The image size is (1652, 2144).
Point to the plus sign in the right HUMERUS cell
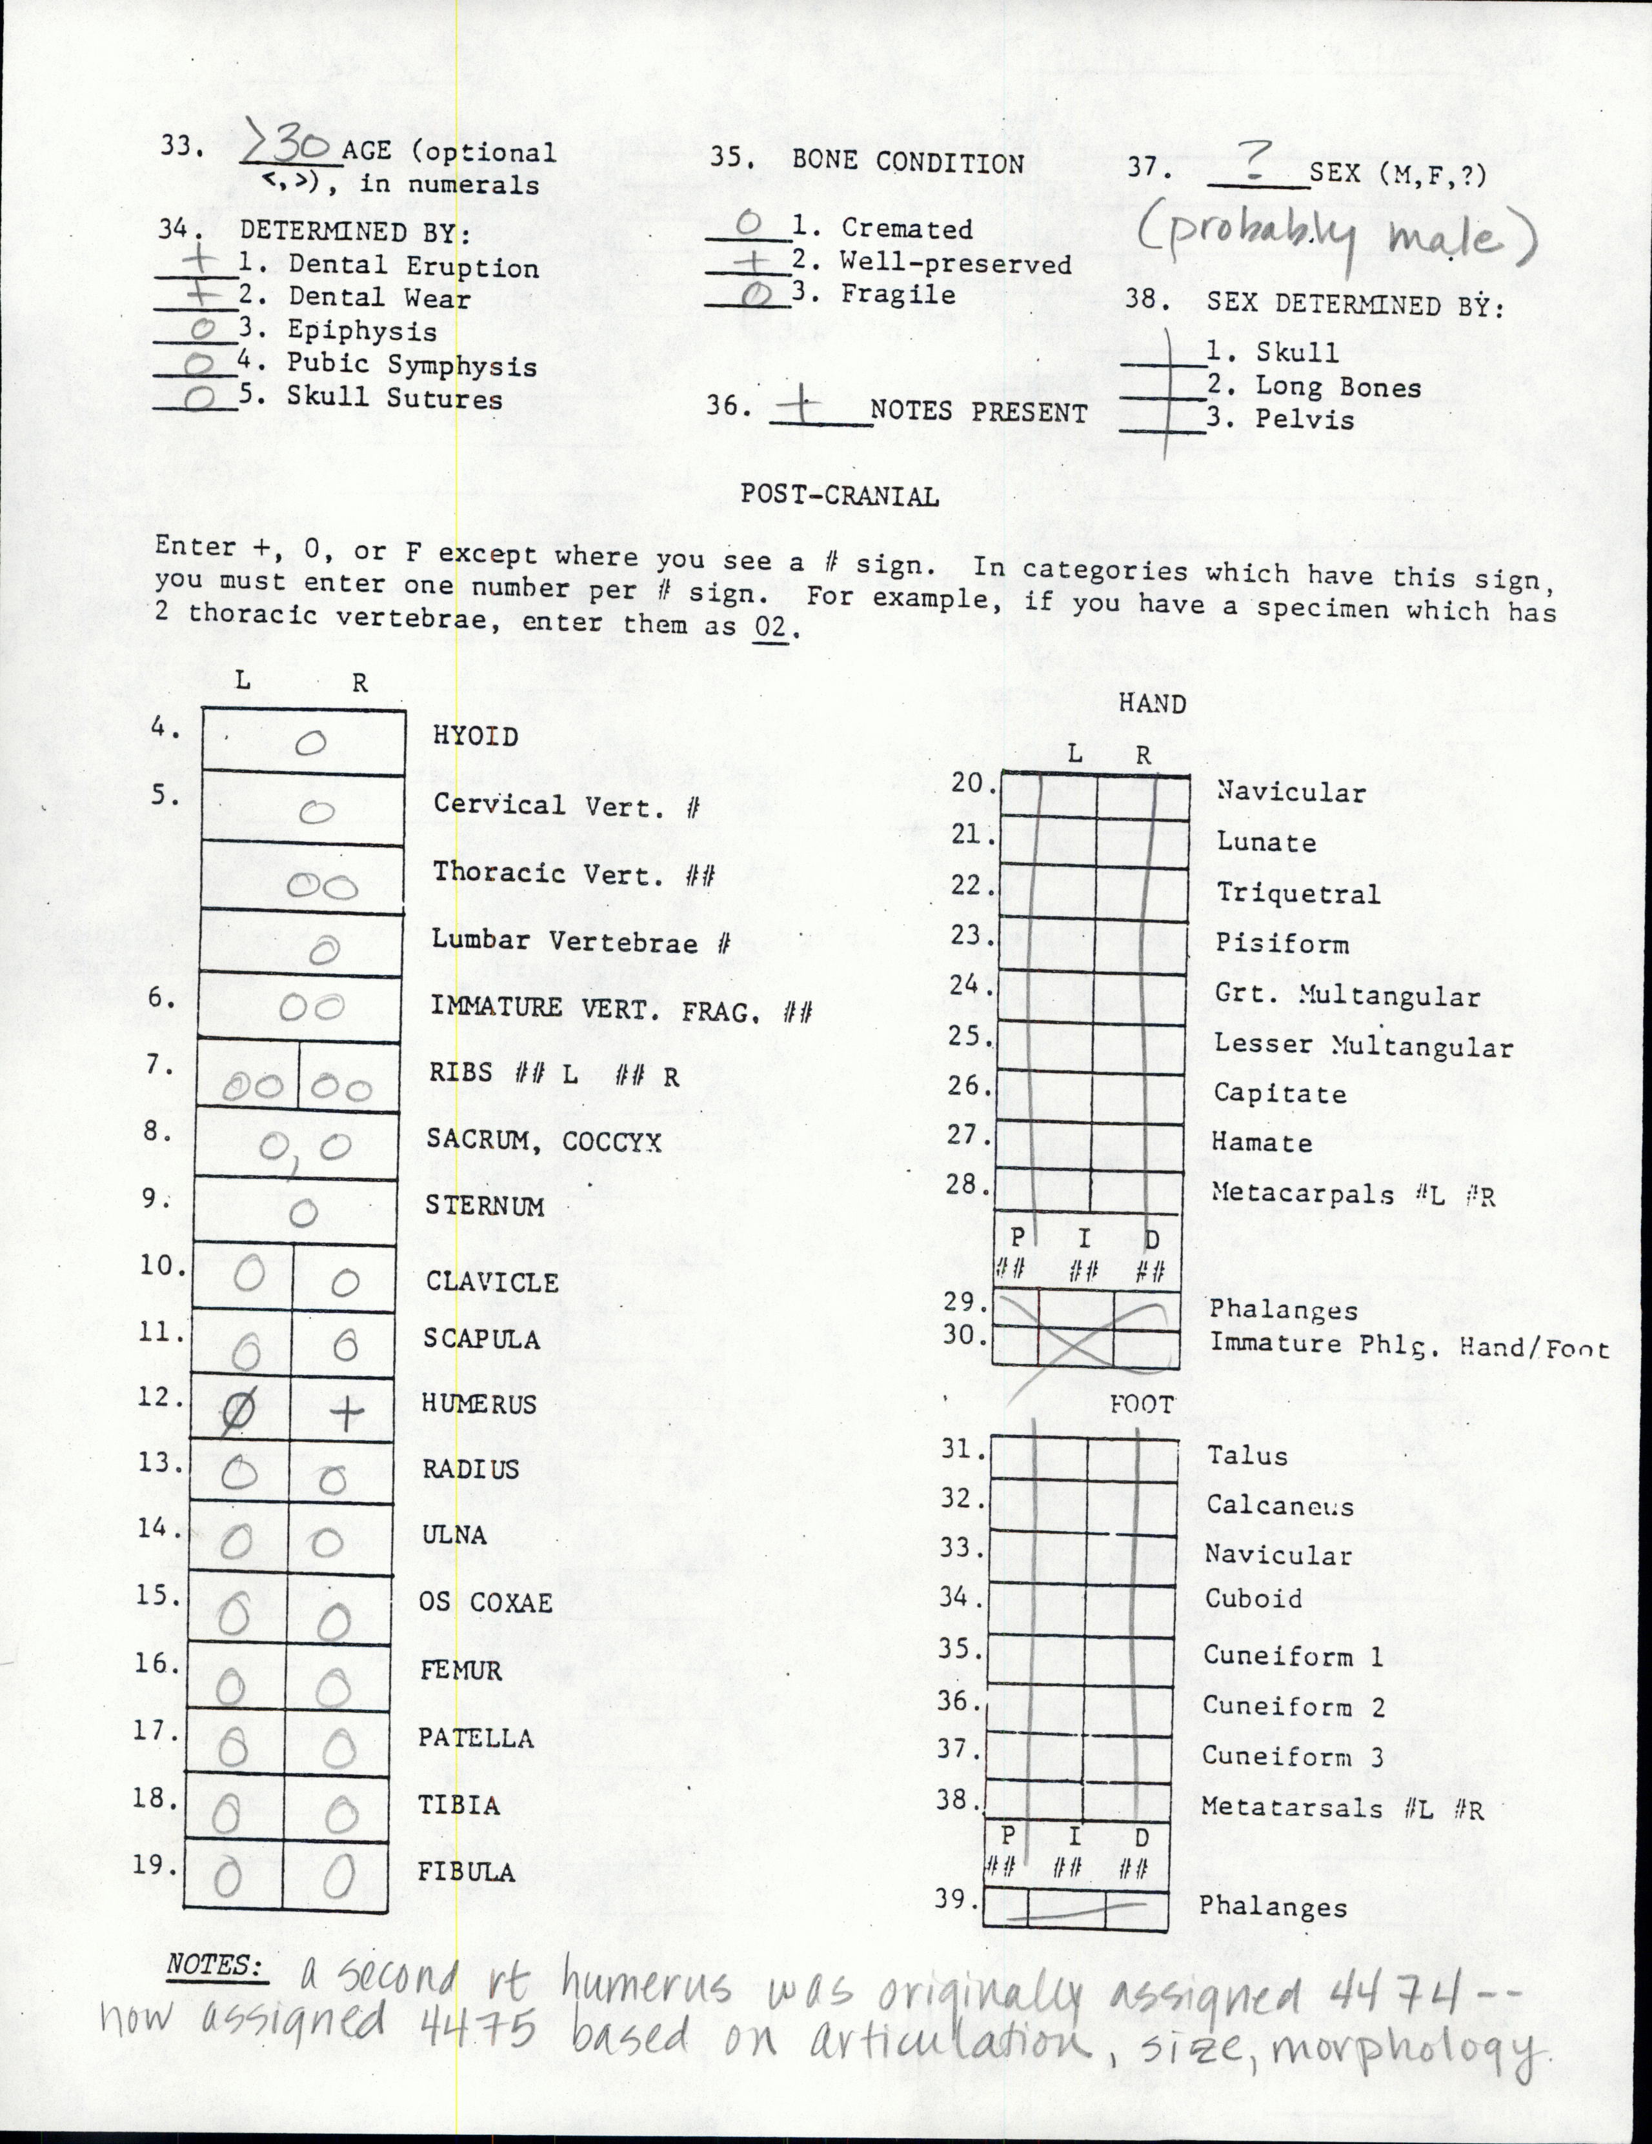(x=345, y=1412)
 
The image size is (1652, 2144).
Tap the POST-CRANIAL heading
(x=840, y=496)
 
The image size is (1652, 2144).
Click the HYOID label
(x=475, y=736)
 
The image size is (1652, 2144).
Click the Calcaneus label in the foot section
(x=1279, y=1506)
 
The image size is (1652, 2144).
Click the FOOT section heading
(x=1141, y=1405)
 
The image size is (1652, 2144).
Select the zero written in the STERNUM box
(x=303, y=1214)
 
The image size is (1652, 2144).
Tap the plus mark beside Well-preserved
(x=749, y=261)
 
